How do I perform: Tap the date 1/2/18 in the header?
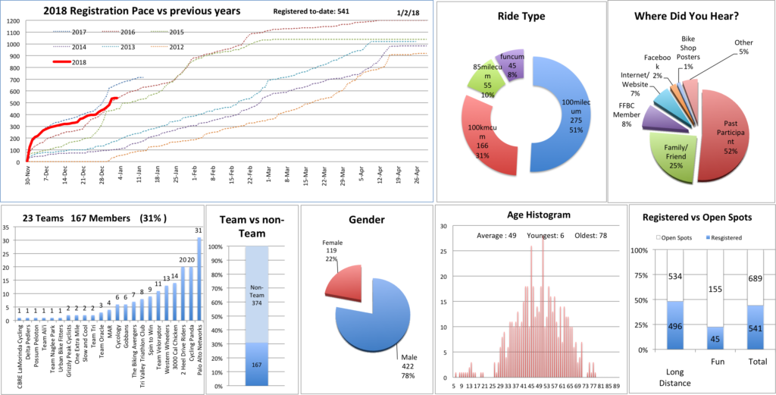406,13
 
